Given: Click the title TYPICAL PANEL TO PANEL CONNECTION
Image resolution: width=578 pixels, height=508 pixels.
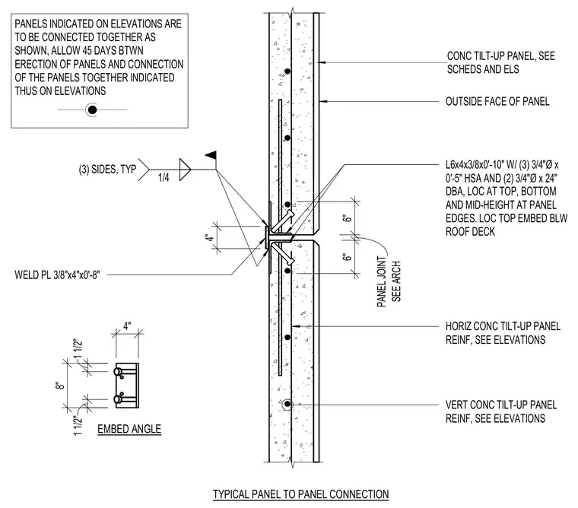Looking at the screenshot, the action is click(301, 494).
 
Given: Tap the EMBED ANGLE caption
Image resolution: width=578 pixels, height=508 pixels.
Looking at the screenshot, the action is click(129, 429).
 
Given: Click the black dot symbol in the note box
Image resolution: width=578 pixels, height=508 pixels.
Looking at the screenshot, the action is click(92, 110).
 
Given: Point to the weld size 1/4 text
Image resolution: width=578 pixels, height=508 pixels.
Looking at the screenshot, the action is click(164, 178).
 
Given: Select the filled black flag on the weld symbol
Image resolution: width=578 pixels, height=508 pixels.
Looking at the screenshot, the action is click(211, 155).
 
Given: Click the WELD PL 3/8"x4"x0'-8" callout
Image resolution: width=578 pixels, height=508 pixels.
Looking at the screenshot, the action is click(58, 275).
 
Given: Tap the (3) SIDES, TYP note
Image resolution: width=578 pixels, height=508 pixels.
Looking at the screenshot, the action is click(107, 170).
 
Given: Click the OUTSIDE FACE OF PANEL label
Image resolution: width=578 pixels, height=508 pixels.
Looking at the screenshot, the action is click(497, 101).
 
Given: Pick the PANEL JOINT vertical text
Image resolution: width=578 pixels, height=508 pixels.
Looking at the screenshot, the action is click(382, 281).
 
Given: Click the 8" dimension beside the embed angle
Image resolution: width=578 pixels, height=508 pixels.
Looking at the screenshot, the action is click(61, 386).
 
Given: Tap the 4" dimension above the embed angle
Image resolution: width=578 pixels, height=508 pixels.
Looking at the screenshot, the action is click(127, 326).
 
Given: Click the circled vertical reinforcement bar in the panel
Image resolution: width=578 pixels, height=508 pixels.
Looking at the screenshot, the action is click(287, 405).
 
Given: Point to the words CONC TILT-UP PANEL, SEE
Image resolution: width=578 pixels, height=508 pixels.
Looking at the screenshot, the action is click(501, 56).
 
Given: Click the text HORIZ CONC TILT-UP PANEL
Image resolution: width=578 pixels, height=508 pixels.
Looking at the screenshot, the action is click(503, 326).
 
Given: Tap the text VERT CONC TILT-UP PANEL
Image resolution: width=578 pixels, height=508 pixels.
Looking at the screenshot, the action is click(501, 405).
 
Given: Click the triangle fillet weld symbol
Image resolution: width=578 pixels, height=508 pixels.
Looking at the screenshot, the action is click(185, 170).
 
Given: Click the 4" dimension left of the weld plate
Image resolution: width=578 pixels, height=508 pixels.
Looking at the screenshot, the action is click(210, 238).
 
